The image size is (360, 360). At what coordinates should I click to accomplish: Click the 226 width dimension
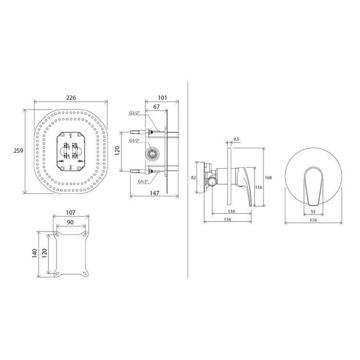pyautogui.click(x=71, y=98)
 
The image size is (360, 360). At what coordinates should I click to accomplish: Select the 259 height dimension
pyautogui.click(x=19, y=151)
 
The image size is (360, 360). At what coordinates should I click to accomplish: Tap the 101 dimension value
pyautogui.click(x=163, y=98)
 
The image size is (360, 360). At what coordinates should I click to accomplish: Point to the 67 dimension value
pyautogui.click(x=156, y=107)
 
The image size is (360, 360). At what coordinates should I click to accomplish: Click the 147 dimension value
pyautogui.click(x=154, y=193)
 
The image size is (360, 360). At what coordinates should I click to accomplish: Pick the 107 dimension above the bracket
pyautogui.click(x=70, y=212)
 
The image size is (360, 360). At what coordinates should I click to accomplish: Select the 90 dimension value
pyautogui.click(x=70, y=222)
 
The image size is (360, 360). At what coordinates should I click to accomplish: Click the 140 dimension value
pyautogui.click(x=34, y=254)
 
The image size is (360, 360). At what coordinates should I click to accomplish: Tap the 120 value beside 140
pyautogui.click(x=45, y=254)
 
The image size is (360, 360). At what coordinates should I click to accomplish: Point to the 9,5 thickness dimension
pyautogui.click(x=236, y=139)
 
